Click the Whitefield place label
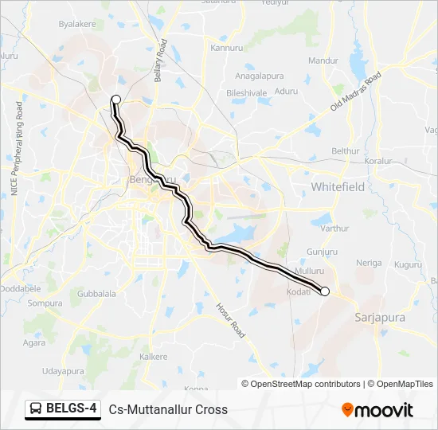(338, 186)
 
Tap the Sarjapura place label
(378, 317)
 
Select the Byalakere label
(76, 25)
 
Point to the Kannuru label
(225, 48)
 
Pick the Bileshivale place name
(247, 93)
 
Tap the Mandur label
(323, 61)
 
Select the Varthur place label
(334, 229)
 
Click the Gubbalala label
(97, 294)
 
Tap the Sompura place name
(45, 303)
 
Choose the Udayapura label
(63, 371)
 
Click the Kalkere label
(154, 357)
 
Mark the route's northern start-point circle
(115, 100)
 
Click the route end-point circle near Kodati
(324, 291)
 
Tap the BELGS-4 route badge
(64, 409)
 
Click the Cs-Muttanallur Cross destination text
(168, 409)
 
